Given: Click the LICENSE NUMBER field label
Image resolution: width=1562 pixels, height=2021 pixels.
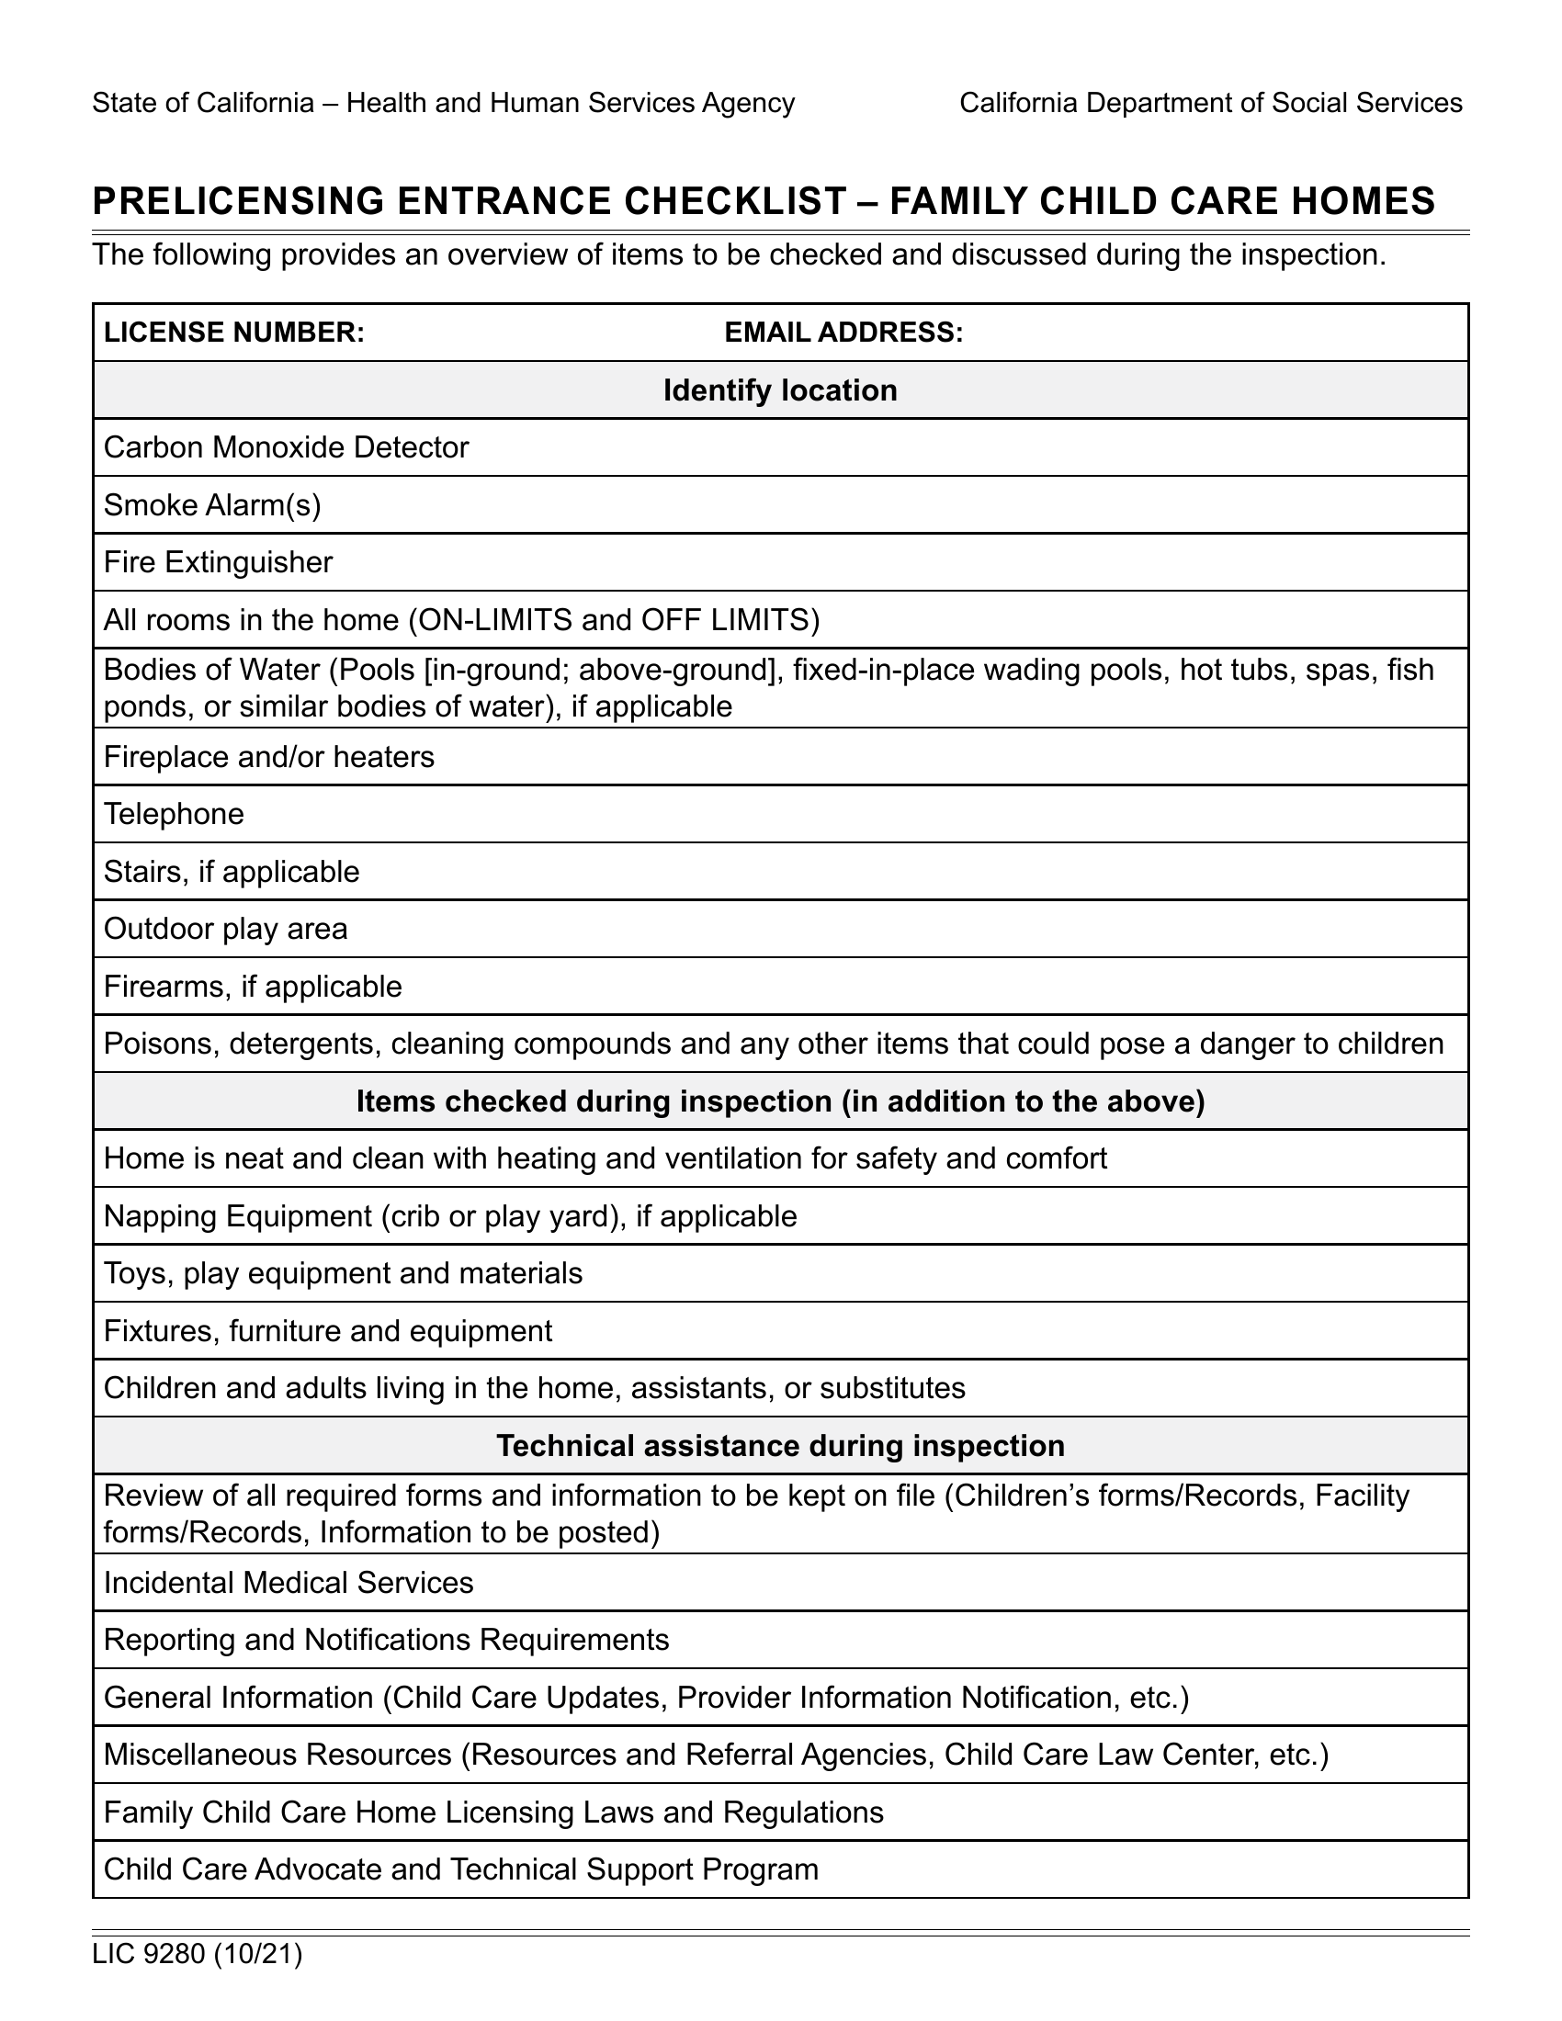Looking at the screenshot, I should click(233, 333).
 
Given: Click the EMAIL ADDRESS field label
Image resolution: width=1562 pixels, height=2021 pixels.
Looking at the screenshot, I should click(843, 333).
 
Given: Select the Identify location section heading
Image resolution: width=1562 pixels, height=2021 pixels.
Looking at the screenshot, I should click(780, 390).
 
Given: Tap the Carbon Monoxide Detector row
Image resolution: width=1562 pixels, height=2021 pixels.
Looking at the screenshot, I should click(286, 448).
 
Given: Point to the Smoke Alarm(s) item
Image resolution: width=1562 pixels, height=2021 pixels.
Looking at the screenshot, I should click(212, 505).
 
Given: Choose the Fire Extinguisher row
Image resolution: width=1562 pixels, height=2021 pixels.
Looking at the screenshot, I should click(218, 562).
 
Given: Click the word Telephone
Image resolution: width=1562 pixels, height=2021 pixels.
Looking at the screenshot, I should click(174, 814).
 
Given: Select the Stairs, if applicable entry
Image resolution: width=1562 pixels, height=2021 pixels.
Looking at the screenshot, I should click(232, 872).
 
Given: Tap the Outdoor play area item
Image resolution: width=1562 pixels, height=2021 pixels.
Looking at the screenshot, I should click(226, 929).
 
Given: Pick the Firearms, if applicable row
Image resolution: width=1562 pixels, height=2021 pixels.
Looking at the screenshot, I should click(253, 988).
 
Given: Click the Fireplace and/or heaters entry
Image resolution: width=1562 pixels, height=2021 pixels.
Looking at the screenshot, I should click(268, 758).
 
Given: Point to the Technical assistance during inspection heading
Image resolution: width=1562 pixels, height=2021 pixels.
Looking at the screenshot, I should click(780, 1446).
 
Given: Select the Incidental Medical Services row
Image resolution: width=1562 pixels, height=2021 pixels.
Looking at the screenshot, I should click(288, 1584).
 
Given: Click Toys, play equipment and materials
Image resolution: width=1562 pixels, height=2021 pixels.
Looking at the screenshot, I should click(343, 1274).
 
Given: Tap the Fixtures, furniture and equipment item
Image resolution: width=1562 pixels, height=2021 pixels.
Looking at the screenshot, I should click(328, 1332).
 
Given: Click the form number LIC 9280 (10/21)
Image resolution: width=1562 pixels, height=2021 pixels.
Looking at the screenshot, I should click(198, 1955).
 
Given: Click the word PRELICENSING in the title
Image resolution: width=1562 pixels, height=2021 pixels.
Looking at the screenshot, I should click(238, 202).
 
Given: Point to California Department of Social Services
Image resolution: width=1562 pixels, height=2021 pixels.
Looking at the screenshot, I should click(1210, 103).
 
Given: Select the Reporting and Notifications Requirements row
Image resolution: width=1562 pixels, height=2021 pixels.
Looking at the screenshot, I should click(386, 1641).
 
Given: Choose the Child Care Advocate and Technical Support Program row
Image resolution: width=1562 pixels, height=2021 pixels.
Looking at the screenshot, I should click(461, 1870).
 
